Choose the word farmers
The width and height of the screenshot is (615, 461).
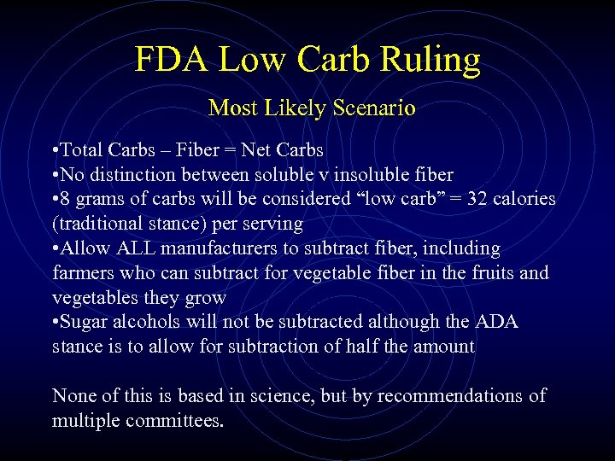coord(81,273)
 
